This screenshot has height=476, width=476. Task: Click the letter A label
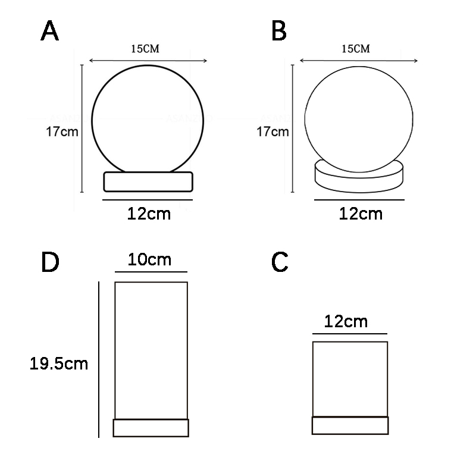(49, 31)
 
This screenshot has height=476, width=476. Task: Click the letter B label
(279, 31)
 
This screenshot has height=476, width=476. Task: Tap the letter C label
(280, 261)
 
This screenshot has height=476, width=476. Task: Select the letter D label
(50, 262)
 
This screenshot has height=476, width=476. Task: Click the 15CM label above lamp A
(145, 49)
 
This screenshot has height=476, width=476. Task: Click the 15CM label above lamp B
(356, 49)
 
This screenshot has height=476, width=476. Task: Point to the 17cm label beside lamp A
(62, 131)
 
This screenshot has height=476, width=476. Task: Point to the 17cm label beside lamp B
(273, 131)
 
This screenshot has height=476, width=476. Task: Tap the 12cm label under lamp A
(149, 214)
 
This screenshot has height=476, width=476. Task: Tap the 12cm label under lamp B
(361, 214)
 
